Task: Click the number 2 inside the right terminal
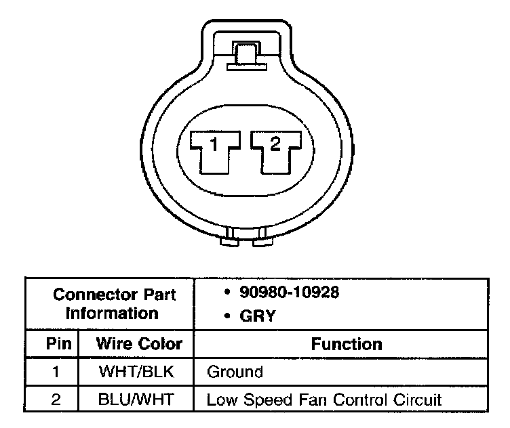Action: (x=275, y=143)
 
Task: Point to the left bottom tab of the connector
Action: (x=228, y=238)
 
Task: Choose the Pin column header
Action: (x=54, y=343)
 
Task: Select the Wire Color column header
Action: (x=138, y=343)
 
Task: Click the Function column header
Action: (x=346, y=343)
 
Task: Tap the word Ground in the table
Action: (x=235, y=372)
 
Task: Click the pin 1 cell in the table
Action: (x=54, y=372)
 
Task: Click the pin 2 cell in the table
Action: (x=54, y=400)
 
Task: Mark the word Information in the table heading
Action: (x=112, y=314)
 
